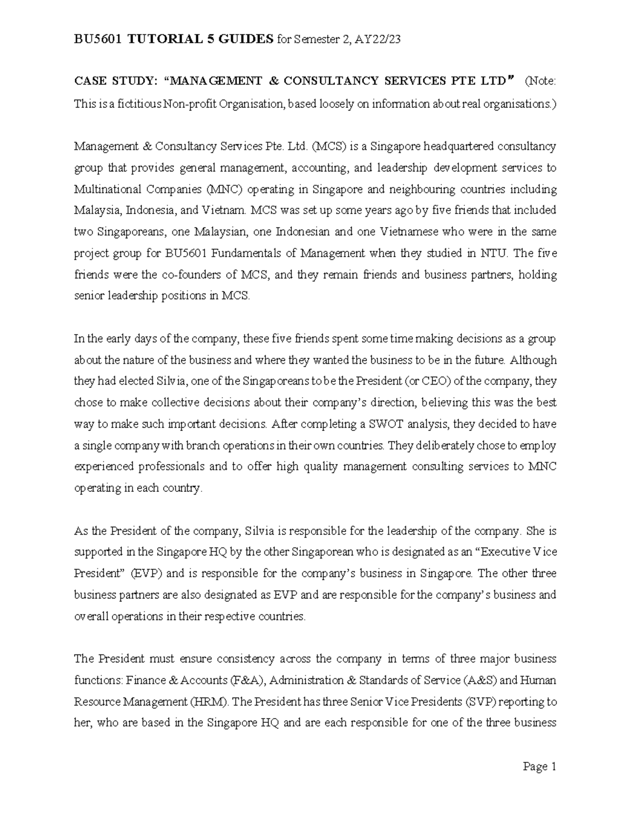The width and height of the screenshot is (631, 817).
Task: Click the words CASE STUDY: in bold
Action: click(x=115, y=81)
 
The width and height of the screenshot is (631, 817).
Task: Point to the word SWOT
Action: click(x=376, y=424)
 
